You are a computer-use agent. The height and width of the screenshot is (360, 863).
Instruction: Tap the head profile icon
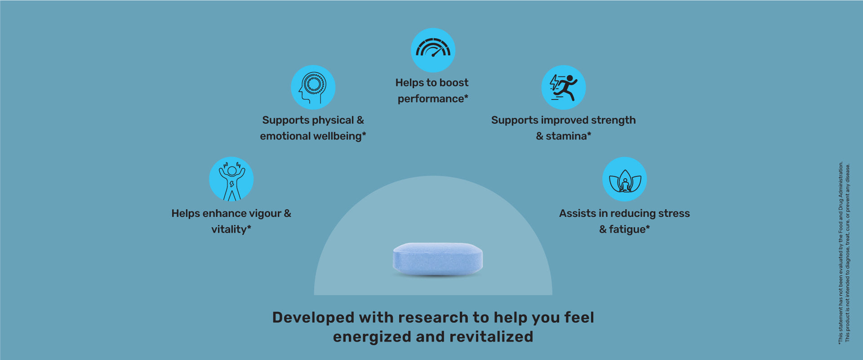point(313,87)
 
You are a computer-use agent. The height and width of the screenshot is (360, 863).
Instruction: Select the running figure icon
point(563,87)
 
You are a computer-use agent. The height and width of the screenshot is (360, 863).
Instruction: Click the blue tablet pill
point(438,259)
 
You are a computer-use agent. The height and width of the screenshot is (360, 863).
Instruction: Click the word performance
point(431,99)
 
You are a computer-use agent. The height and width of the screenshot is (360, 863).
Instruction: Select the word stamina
point(566,136)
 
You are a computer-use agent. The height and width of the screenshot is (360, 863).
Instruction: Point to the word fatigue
point(627,229)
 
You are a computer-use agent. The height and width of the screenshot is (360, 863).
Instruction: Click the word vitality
point(229,229)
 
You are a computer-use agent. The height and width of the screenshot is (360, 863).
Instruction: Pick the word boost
point(454,83)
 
